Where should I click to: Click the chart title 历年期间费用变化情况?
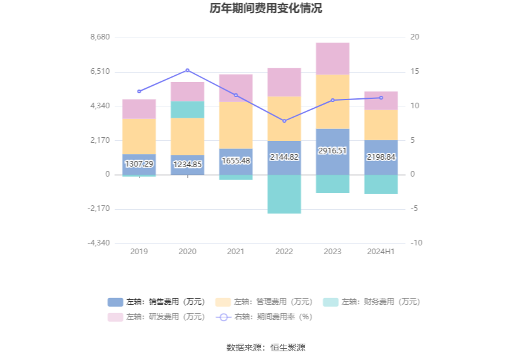click(266, 9)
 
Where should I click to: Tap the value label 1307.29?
click(139, 164)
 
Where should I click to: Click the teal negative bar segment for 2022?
click(284, 194)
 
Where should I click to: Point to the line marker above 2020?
click(188, 70)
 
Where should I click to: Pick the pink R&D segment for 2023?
click(332, 58)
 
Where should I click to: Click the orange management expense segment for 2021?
click(236, 125)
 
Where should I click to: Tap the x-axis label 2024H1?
click(381, 251)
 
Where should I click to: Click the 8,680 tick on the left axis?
click(100, 37)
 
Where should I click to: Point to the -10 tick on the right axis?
click(416, 243)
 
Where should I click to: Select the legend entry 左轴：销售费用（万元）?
click(156, 302)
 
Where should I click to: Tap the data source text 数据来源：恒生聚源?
click(266, 347)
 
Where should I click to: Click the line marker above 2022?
click(284, 121)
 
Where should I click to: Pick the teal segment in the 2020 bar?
click(188, 110)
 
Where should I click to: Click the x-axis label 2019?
click(139, 251)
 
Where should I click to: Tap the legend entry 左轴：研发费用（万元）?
click(156, 317)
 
